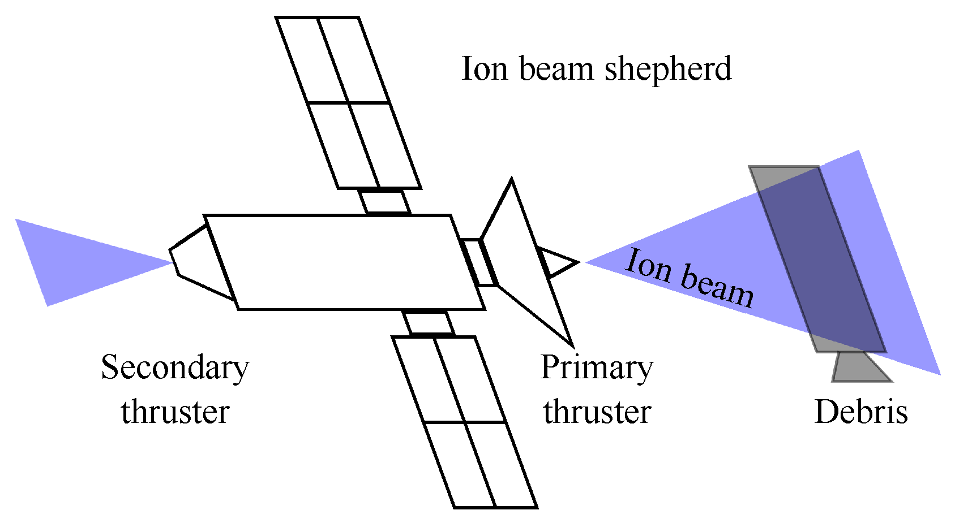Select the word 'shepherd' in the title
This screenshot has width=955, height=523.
[668, 69]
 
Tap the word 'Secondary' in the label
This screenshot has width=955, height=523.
[175, 368]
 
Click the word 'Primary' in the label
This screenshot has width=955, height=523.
[597, 368]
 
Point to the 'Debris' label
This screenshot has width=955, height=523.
[861, 412]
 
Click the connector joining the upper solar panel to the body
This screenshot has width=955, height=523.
[385, 202]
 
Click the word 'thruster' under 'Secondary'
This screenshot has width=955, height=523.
[175, 412]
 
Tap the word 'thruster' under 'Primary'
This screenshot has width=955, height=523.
[597, 412]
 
